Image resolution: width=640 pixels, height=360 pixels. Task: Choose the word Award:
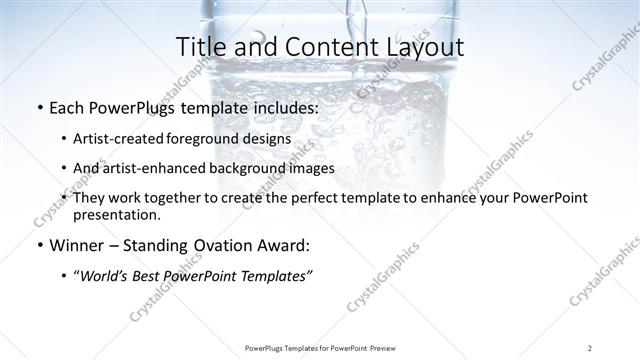click(x=282, y=245)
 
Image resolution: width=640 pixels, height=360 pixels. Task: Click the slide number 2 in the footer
click(x=590, y=347)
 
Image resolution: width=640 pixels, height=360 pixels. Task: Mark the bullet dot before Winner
click(x=38, y=245)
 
